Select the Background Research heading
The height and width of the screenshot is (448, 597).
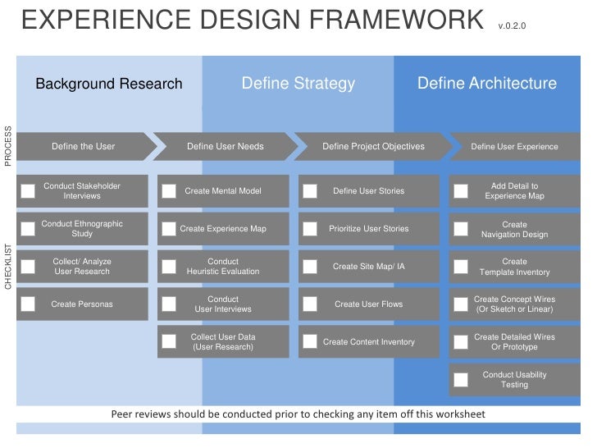pyautogui.click(x=108, y=85)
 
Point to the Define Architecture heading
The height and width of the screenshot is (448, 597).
pyautogui.click(x=487, y=85)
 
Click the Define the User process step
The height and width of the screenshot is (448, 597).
pyautogui.click(x=83, y=147)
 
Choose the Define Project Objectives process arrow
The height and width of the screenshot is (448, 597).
pyautogui.click(x=373, y=147)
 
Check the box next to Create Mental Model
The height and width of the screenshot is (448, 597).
pyautogui.click(x=169, y=191)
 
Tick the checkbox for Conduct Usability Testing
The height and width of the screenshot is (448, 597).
pyautogui.click(x=462, y=380)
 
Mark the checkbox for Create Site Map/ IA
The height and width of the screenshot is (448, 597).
pyautogui.click(x=310, y=267)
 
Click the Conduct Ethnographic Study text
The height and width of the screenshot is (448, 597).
pyautogui.click(x=82, y=229)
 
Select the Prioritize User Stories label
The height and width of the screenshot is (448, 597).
pyautogui.click(x=368, y=229)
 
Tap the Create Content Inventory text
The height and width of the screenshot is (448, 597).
pyautogui.click(x=368, y=342)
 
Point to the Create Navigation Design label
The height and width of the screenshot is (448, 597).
pyautogui.click(x=514, y=230)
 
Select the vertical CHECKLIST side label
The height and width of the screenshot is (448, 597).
pyautogui.click(x=9, y=267)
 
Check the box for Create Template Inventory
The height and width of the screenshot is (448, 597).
pyautogui.click(x=462, y=267)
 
